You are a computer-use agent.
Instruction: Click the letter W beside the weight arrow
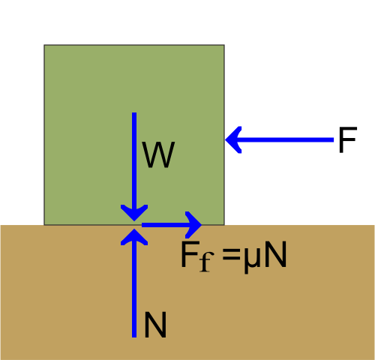[x=158, y=154]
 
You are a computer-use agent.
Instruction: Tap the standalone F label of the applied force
[x=347, y=139]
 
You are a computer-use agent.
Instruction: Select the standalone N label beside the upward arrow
[x=155, y=325]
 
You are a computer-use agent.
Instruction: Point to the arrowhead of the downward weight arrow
[x=134, y=213]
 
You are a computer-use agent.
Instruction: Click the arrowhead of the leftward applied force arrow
[x=233, y=139]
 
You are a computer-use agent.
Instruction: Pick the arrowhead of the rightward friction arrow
[x=193, y=225]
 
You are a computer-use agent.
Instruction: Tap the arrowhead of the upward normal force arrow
[x=134, y=237]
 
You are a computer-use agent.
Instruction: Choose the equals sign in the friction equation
[x=231, y=255]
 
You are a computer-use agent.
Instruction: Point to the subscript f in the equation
[x=206, y=262]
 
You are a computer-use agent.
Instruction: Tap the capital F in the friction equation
[x=190, y=255]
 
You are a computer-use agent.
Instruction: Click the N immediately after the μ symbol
[x=275, y=255]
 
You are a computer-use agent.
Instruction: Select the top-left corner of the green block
[x=44, y=45]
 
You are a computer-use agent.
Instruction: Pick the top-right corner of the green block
[x=224, y=45]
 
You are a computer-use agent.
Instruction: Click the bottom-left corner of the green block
[x=44, y=225]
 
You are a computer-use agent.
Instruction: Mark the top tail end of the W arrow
[x=134, y=112]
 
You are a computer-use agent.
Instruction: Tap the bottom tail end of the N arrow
[x=134, y=337]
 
